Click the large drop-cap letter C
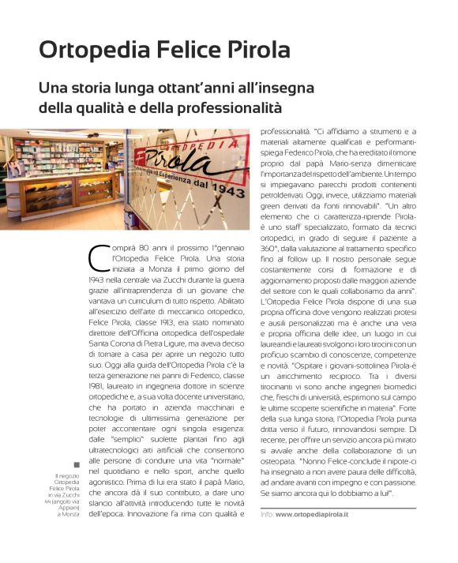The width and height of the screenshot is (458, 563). [99, 257]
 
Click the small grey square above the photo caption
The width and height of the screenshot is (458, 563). [77, 464]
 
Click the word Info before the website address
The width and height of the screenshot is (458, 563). [266, 513]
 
